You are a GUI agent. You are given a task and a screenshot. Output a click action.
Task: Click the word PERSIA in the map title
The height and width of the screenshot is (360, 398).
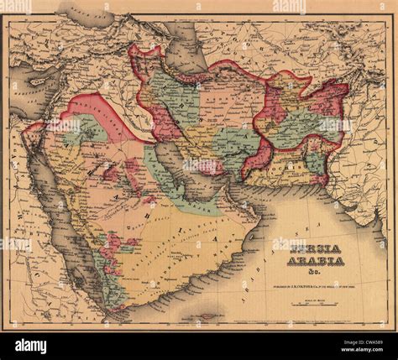pyautogui.click(x=317, y=248)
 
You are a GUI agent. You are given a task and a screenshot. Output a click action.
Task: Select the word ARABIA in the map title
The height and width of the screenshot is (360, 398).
pyautogui.click(x=317, y=261)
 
